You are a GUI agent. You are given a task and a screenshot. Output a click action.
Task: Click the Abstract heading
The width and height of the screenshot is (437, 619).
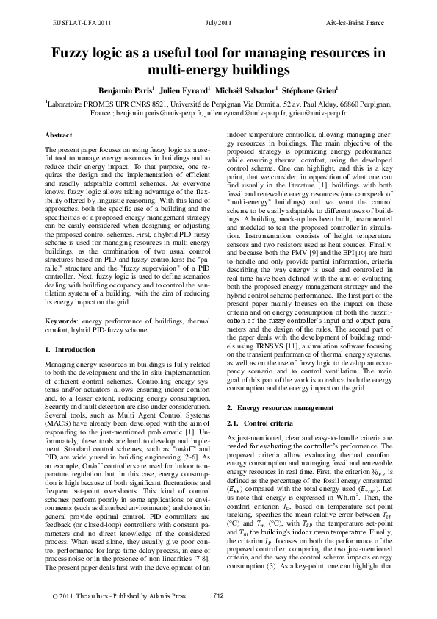coord(59,136)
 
